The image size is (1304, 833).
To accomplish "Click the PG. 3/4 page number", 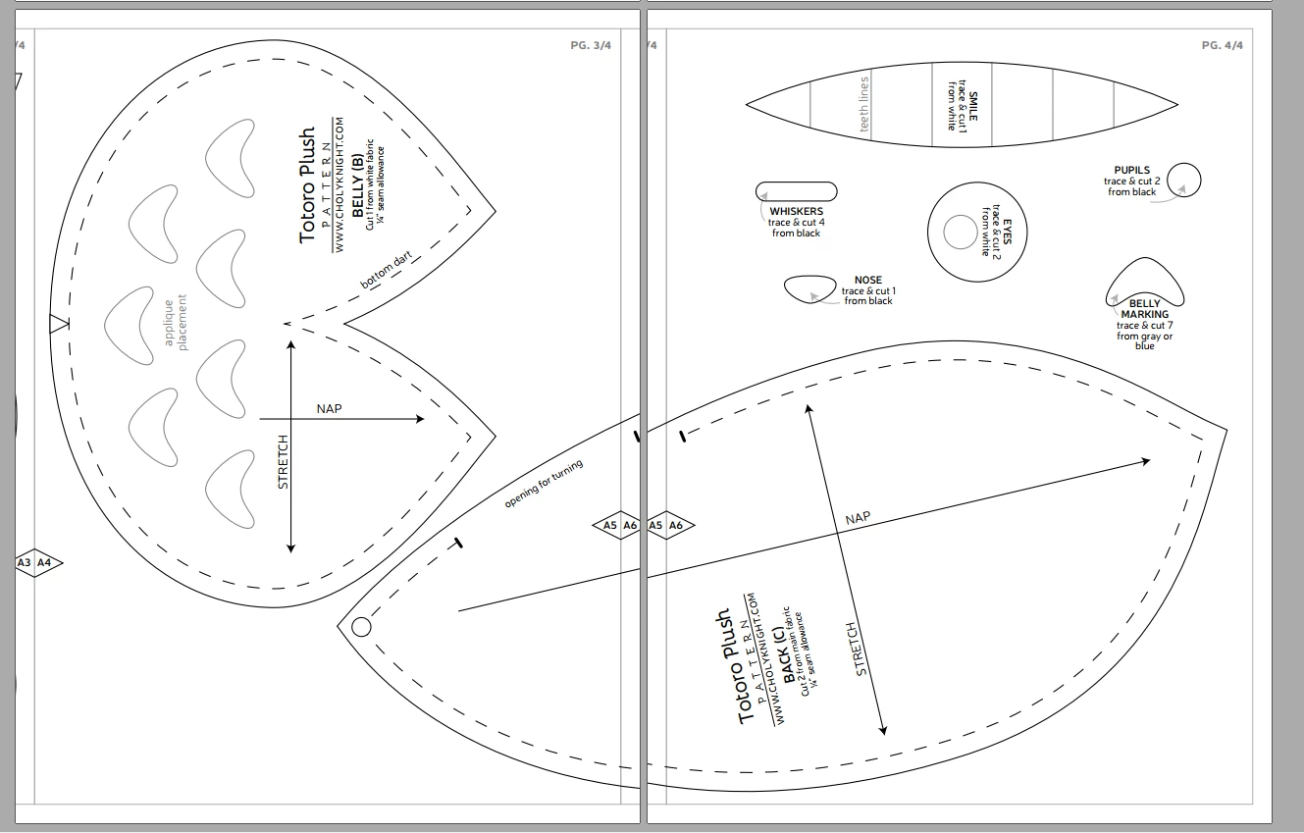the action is tap(591, 45).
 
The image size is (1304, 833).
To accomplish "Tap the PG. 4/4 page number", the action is tap(1222, 45).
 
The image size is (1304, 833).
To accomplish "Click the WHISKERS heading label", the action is tap(796, 211).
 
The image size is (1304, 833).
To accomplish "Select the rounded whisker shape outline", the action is tap(797, 182).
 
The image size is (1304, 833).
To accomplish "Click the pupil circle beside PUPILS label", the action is tap(1184, 164).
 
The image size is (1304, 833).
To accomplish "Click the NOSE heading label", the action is tap(868, 280).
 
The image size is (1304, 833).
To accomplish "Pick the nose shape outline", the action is tap(809, 277).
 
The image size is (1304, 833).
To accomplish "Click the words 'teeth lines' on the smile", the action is tap(863, 104).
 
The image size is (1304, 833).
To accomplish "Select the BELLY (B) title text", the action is tap(357, 185).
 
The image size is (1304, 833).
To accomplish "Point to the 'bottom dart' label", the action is tap(386, 270).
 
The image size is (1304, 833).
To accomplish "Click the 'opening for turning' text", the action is tap(544, 484).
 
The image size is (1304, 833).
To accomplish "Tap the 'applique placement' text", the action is tap(176, 322).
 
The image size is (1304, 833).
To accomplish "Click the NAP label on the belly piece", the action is tap(329, 408).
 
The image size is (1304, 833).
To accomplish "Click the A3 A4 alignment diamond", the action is tap(38, 563).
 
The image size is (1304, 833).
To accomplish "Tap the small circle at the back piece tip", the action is tap(361, 628).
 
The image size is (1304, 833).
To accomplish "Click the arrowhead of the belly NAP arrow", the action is tap(420, 419).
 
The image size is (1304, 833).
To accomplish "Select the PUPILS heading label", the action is tap(1131, 170).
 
